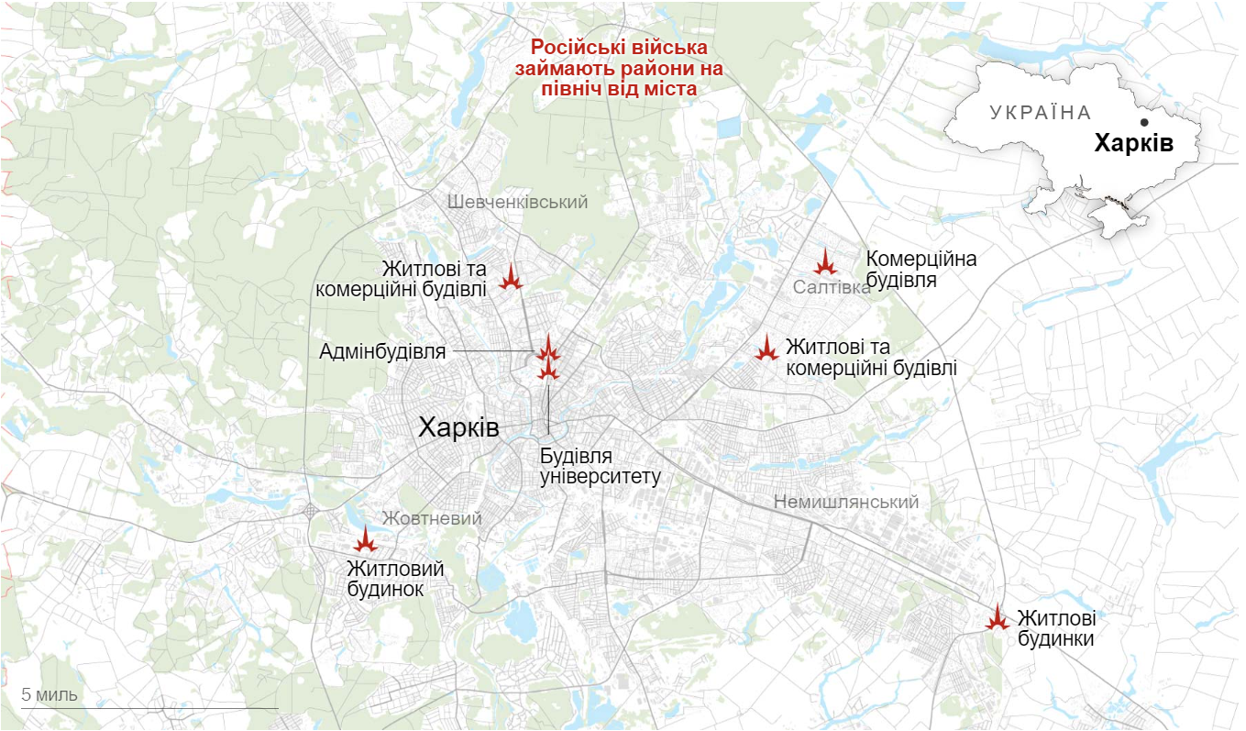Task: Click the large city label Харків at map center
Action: tap(458, 427)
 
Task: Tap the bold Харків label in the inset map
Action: tap(1133, 144)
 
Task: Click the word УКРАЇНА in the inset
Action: tap(1041, 113)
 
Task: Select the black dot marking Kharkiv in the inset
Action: tap(1143, 122)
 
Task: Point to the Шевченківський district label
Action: tap(517, 203)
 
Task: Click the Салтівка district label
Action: tap(832, 288)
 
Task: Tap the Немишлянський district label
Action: tap(845, 503)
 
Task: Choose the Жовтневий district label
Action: tap(432, 518)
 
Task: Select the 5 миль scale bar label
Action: tap(50, 694)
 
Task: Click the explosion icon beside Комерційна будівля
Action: tap(826, 262)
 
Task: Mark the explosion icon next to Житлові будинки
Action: tap(997, 617)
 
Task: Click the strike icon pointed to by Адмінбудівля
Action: tap(547, 349)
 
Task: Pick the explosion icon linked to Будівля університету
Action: tap(548, 369)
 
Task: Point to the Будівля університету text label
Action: tap(600, 467)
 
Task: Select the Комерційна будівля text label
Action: tap(921, 270)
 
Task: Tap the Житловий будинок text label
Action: tap(395, 579)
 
